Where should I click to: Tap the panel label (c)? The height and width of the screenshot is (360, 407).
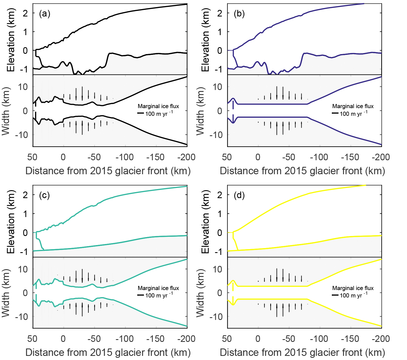pyautogui.click(x=44, y=195)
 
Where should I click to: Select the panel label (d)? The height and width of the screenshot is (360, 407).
pyautogui.click(x=239, y=195)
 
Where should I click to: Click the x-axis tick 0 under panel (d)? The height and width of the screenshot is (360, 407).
pyautogui.click(x=258, y=339)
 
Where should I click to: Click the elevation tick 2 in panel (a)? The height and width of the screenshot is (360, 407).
pyautogui.click(x=25, y=13)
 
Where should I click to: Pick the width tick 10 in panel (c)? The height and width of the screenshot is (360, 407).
pyautogui.click(x=23, y=269)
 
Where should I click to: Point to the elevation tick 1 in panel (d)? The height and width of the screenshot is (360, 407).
pyautogui.click(x=220, y=214)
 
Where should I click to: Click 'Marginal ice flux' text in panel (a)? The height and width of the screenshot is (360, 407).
pyautogui.click(x=158, y=106)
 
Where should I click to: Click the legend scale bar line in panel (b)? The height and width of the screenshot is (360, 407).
pyautogui.click(x=335, y=113)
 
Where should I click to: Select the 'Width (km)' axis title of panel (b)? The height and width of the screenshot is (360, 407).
pyautogui.click(x=200, y=111)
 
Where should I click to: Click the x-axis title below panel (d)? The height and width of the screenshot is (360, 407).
pyautogui.click(x=302, y=353)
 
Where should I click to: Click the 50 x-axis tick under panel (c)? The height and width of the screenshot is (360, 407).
pyautogui.click(x=32, y=339)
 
